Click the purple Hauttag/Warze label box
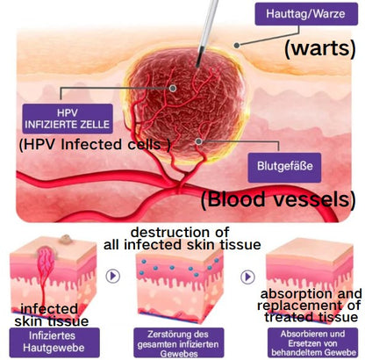(306, 14)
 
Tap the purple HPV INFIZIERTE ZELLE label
(68, 119)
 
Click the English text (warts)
(320, 48)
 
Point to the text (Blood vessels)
(278, 199)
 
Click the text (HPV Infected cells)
(95, 145)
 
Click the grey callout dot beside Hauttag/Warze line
(237, 45)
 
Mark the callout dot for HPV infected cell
(173, 88)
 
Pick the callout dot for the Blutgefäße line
(199, 141)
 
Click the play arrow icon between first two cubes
(113, 276)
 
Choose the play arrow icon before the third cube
(247, 277)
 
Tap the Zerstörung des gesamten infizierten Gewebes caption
(178, 342)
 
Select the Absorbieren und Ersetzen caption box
(312, 342)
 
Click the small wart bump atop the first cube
(64, 240)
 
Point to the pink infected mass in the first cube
(46, 261)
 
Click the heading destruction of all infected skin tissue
(182, 239)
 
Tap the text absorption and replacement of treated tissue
(310, 306)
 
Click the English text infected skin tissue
(52, 315)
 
